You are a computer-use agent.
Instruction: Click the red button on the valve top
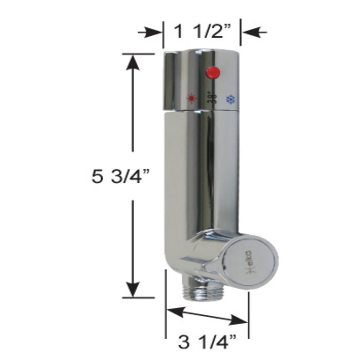(213, 72)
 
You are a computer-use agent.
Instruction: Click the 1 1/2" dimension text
(202, 32)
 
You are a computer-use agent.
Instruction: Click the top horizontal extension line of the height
(139, 54)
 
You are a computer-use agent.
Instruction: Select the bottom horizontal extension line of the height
(139, 298)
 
